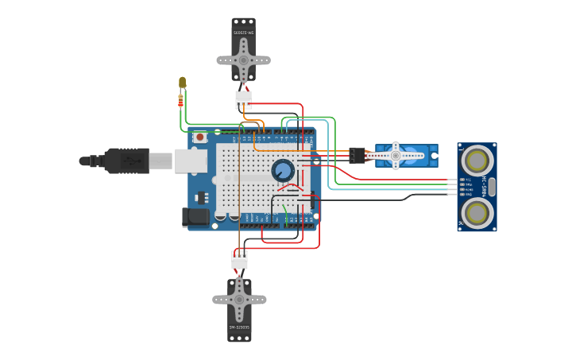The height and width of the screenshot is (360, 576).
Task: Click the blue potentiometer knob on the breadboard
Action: click(x=282, y=170)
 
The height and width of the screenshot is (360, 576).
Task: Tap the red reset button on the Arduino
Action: click(x=200, y=137)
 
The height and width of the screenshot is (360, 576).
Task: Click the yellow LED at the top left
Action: click(x=182, y=82)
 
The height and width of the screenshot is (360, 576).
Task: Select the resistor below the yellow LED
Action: click(x=181, y=102)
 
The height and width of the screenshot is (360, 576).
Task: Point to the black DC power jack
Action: click(x=195, y=217)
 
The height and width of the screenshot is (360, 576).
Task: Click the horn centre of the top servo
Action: click(x=243, y=60)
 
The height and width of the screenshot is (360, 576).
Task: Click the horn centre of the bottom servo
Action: click(x=238, y=300)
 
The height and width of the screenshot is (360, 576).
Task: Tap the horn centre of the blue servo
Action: click(x=395, y=156)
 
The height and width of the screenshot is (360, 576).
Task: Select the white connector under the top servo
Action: click(x=243, y=99)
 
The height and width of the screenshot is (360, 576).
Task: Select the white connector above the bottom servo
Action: click(x=239, y=260)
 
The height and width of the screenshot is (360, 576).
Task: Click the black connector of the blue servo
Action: click(x=358, y=156)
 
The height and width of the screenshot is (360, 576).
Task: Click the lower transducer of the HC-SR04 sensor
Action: click(x=476, y=212)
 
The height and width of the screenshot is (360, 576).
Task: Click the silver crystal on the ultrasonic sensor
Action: click(x=491, y=187)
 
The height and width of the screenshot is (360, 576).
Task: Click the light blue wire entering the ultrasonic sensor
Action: click(x=413, y=189)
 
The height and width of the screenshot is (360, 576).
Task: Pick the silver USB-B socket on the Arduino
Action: click(x=191, y=161)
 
